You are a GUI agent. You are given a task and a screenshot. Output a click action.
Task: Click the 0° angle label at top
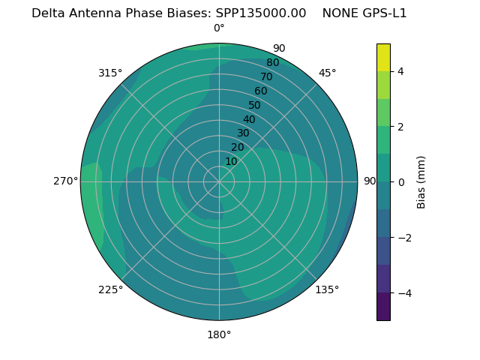click(219, 28)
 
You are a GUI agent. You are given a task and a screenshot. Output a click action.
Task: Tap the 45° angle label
click(327, 73)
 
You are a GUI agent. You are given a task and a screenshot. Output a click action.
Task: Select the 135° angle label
click(327, 289)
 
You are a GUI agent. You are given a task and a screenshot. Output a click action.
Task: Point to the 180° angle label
click(219, 334)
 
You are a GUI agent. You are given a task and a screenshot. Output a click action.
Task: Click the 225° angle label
click(110, 289)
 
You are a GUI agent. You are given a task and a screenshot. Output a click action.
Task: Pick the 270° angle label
click(66, 181)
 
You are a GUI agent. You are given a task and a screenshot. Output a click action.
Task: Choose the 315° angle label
click(110, 73)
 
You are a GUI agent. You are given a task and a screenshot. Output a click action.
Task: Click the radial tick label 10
click(231, 161)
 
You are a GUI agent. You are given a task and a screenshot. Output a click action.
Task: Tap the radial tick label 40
click(249, 119)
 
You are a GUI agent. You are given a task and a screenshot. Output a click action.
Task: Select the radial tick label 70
click(266, 76)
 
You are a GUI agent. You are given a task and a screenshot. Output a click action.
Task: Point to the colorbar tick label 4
click(400, 71)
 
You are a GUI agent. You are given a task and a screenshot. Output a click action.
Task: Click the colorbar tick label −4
click(403, 293)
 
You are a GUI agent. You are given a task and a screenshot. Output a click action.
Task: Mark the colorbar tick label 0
click(400, 182)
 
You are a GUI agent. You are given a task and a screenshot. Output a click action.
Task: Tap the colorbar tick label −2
click(403, 238)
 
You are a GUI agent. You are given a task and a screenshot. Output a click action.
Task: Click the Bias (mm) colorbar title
click(421, 182)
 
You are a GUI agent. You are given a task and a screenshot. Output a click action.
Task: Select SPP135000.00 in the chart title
click(261, 13)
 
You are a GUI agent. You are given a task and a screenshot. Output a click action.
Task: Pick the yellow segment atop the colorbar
click(383, 57)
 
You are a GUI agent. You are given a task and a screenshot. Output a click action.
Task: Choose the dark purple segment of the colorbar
click(383, 307)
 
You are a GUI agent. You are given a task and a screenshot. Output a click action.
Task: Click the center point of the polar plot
click(219, 181)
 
